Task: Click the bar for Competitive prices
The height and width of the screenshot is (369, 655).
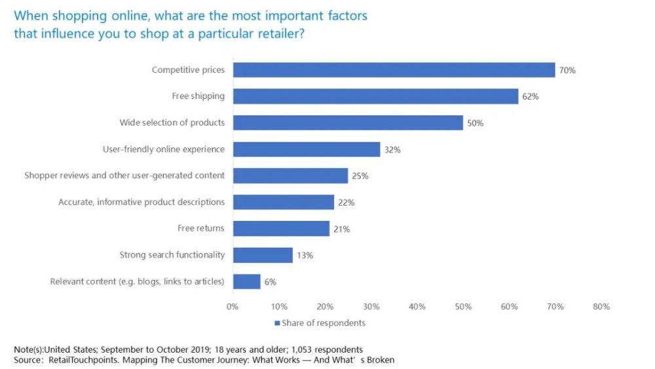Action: (x=393, y=70)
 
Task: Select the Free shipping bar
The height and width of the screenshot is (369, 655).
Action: (x=375, y=96)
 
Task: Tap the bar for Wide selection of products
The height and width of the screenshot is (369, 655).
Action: (x=347, y=123)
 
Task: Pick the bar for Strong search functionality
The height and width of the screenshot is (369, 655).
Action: (x=262, y=255)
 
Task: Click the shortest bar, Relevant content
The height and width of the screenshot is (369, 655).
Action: (x=246, y=282)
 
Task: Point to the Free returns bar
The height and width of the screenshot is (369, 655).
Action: (x=280, y=229)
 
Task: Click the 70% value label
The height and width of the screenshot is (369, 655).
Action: (x=567, y=70)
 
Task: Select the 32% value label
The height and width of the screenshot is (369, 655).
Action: (x=392, y=149)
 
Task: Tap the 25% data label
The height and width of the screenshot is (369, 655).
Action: (x=360, y=176)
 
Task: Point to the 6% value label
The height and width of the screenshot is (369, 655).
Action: (x=270, y=282)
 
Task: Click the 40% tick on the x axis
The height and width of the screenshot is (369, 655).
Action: (x=417, y=307)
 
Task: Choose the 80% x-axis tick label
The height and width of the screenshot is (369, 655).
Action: (x=601, y=307)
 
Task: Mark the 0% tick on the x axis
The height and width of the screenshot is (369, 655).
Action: (x=233, y=307)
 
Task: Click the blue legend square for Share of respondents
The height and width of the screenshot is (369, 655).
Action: (x=277, y=323)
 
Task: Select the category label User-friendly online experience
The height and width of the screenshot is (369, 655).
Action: (x=163, y=149)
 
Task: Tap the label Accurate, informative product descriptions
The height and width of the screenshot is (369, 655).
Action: (x=141, y=202)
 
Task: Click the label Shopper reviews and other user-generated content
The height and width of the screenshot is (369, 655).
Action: (x=124, y=176)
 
